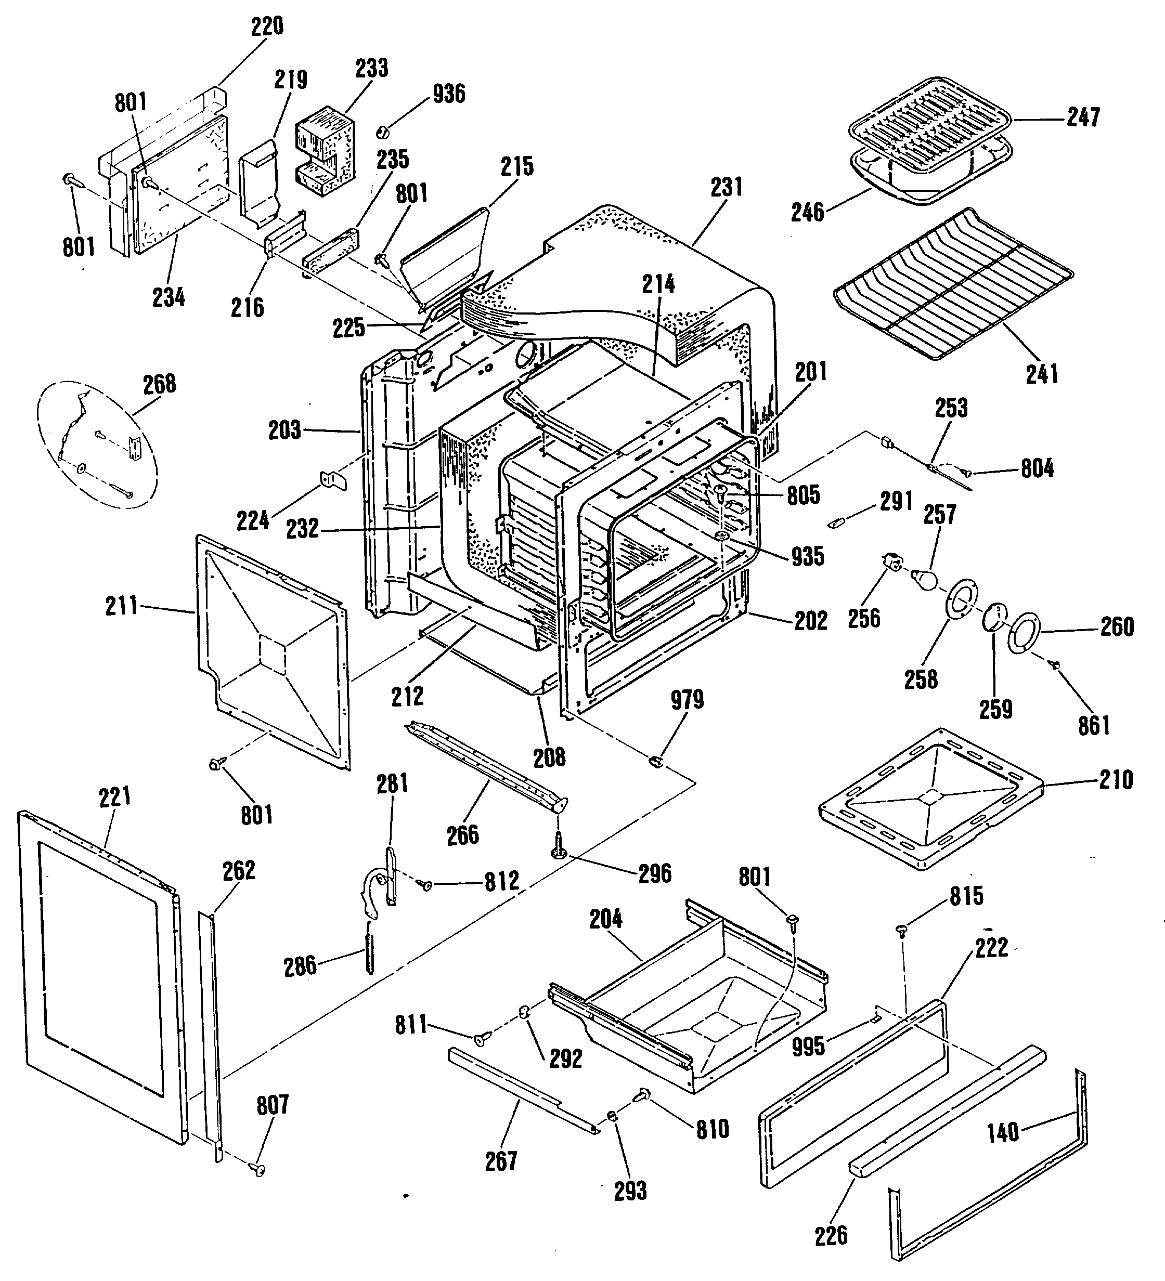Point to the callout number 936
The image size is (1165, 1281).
click(x=449, y=94)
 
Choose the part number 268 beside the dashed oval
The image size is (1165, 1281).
click(x=160, y=384)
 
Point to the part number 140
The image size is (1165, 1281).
click(x=1003, y=1132)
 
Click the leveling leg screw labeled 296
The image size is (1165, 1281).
click(x=558, y=846)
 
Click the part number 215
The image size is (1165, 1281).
click(x=517, y=166)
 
